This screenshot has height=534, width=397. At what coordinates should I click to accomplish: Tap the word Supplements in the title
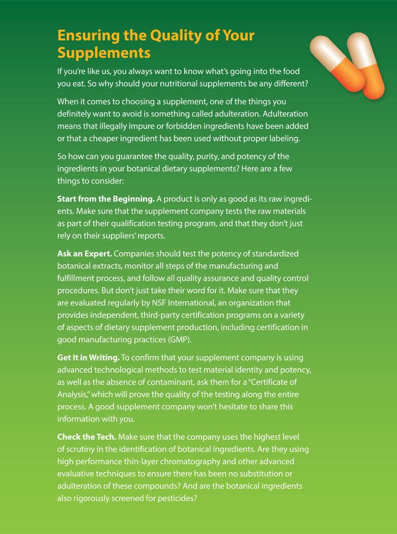[x=104, y=52]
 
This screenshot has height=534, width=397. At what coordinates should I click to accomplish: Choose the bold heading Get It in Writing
[x=89, y=359]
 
